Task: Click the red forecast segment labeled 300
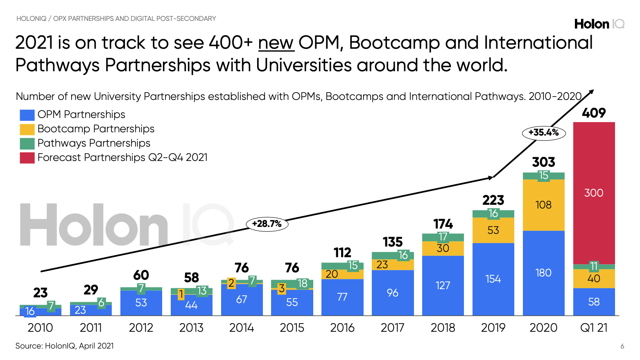pyautogui.click(x=594, y=193)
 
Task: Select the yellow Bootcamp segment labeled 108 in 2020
pyautogui.click(x=543, y=205)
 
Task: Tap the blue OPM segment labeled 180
pyautogui.click(x=543, y=273)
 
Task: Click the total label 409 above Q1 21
pyautogui.click(x=594, y=113)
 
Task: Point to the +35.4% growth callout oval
pyautogui.click(x=543, y=133)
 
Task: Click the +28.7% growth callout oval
pyautogui.click(x=267, y=224)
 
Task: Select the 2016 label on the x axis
pyautogui.click(x=342, y=328)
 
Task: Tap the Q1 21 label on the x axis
pyautogui.click(x=594, y=328)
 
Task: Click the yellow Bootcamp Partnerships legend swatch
pyautogui.click(x=27, y=129)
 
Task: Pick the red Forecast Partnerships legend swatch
pyautogui.click(x=27, y=158)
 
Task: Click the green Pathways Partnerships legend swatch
pyautogui.click(x=27, y=144)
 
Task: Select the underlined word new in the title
pyautogui.click(x=276, y=43)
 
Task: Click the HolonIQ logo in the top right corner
pyautogui.click(x=599, y=24)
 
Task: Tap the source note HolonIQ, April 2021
pyautogui.click(x=64, y=346)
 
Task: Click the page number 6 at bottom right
pyautogui.click(x=622, y=346)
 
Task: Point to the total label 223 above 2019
pyautogui.click(x=493, y=200)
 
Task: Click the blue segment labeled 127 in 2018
pyautogui.click(x=443, y=285)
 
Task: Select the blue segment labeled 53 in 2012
pyautogui.click(x=141, y=303)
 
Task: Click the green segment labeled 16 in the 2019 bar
pyautogui.click(x=493, y=213)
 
